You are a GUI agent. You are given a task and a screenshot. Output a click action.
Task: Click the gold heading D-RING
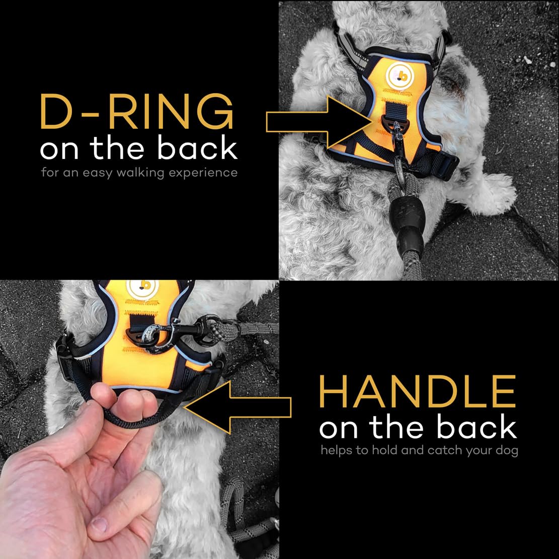click(137, 112)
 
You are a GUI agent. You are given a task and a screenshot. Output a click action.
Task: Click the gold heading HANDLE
click(418, 391)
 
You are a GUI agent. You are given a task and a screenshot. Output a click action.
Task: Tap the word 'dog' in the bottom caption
click(508, 450)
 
